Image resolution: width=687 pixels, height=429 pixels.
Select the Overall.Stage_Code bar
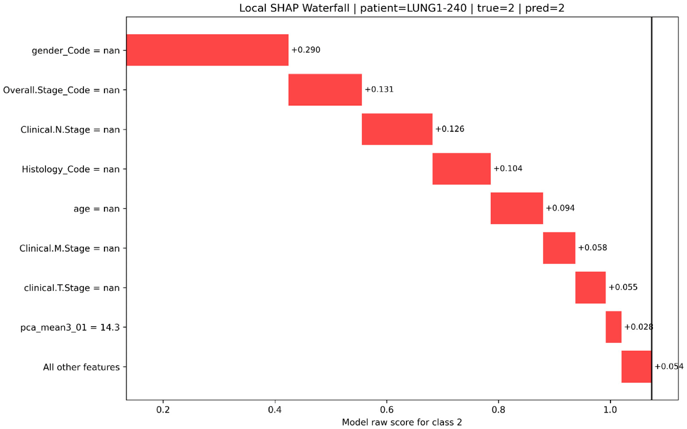pyautogui.click(x=325, y=90)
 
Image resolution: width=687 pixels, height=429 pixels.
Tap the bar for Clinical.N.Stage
pyautogui.click(x=397, y=129)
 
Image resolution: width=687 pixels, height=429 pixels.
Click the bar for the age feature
pyautogui.click(x=517, y=208)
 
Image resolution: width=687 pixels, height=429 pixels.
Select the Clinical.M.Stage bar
pyautogui.click(x=559, y=248)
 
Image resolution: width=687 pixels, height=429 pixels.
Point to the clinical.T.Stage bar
pyautogui.click(x=591, y=288)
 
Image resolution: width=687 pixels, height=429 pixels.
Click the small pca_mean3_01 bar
pyautogui.click(x=613, y=327)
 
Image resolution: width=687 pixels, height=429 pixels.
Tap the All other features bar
pyautogui.click(x=636, y=367)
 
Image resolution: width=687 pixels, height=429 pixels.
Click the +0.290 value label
pyautogui.click(x=306, y=50)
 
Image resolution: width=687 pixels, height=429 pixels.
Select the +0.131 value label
pyautogui.click(x=379, y=89)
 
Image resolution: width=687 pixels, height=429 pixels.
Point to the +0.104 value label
pyautogui.click(x=508, y=168)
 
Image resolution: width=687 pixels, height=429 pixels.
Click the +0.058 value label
pyautogui.click(x=592, y=248)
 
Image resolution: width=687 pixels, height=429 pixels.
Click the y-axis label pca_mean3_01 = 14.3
pyautogui.click(x=70, y=327)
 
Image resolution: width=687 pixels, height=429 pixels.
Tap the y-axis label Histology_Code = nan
pyautogui.click(x=71, y=169)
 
